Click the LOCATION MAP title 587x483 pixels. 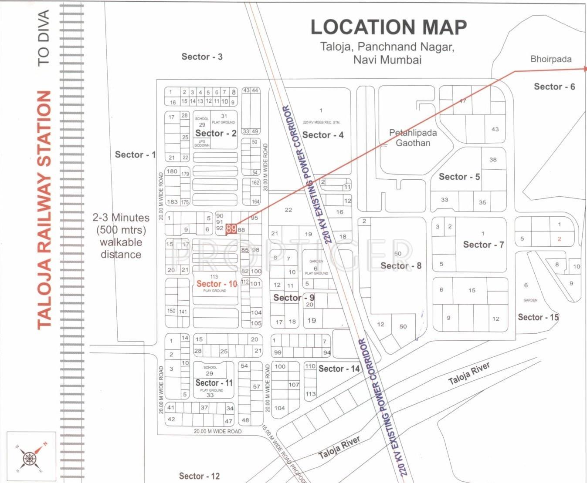coord(388,27)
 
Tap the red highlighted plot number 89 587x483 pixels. coord(231,229)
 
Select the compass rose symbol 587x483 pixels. coord(31,457)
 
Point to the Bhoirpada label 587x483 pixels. coord(551,59)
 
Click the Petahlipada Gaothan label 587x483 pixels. coord(412,138)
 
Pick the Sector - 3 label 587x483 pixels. coord(202,57)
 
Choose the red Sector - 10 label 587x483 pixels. coord(217,284)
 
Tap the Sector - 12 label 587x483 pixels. coord(199,476)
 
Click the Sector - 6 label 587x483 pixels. coord(554,87)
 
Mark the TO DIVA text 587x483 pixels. coord(44,38)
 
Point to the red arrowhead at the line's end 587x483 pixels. coord(585,69)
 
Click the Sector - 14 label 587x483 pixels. coord(339,369)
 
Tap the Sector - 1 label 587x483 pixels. coord(135,154)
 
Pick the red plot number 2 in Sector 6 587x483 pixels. coord(559,238)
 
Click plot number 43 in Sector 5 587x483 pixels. coord(495,129)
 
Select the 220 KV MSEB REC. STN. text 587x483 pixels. coord(321,122)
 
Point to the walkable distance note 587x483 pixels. coord(121,236)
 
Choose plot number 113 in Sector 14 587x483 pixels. coord(310,394)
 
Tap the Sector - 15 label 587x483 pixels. coord(538,317)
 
